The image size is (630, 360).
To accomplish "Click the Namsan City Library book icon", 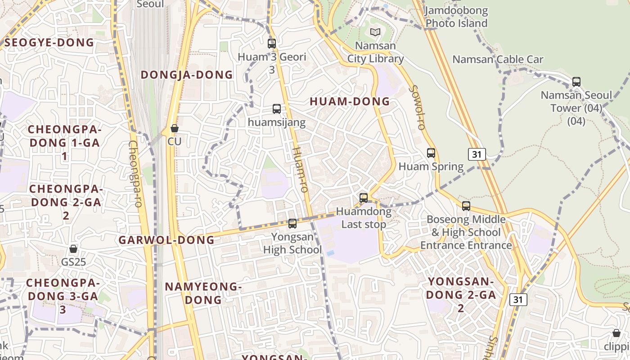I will click(375, 32).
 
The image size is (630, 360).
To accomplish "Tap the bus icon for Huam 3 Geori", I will click(272, 44).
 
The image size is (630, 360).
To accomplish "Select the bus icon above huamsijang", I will click(277, 109).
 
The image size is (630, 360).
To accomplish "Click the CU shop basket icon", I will click(175, 129).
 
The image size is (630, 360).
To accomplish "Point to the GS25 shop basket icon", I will click(73, 249).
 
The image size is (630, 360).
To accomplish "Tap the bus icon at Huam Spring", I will click(431, 153).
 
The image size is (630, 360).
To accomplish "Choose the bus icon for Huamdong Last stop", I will click(364, 198).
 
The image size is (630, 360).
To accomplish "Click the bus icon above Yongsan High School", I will click(292, 223).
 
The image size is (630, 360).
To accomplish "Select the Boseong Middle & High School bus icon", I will click(466, 206).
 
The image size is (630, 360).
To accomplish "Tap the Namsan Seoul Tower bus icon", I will click(576, 82).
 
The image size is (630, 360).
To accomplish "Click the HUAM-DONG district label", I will click(350, 102).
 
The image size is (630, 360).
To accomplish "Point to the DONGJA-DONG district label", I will click(187, 75).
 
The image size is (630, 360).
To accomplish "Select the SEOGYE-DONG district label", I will click(49, 43).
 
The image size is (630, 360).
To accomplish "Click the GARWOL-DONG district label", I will click(166, 240).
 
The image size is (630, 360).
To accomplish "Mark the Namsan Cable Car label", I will click(498, 59).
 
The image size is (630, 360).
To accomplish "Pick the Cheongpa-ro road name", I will click(135, 174).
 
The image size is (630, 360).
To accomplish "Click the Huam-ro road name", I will click(300, 169).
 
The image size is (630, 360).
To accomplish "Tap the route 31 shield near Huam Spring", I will click(477, 154).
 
